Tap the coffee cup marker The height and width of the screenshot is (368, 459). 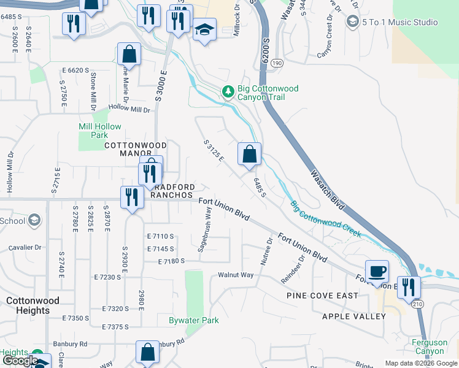(x=377, y=270)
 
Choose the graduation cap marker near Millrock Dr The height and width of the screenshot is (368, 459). (x=204, y=29)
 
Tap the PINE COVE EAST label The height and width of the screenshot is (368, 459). (x=322, y=296)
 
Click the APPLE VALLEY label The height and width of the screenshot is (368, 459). (x=355, y=316)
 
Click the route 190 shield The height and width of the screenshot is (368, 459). (x=277, y=63)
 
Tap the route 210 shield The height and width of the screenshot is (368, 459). (x=417, y=304)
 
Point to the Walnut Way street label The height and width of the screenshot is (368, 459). (x=236, y=275)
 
